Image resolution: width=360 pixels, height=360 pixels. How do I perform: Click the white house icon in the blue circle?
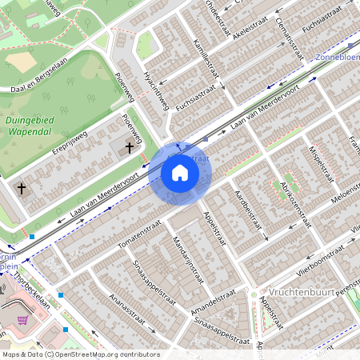pos(180,172)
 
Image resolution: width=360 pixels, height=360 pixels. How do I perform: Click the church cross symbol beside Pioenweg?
pos(130,147)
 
